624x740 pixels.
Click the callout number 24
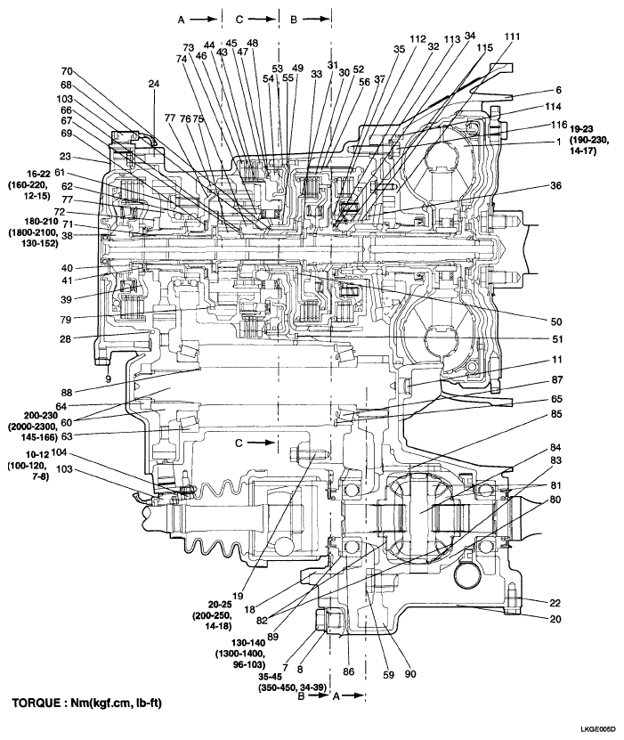(154, 84)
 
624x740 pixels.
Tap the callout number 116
(558, 125)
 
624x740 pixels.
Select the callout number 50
(556, 321)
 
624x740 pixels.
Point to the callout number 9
(108, 378)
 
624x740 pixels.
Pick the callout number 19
(238, 596)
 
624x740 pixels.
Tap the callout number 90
(410, 674)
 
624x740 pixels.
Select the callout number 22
(555, 603)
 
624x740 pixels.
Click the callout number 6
(558, 90)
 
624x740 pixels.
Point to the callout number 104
(59, 452)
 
